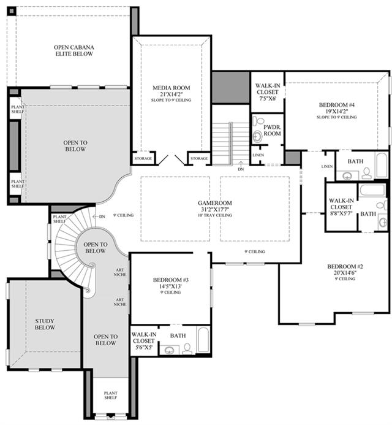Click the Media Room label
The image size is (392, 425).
(171, 88)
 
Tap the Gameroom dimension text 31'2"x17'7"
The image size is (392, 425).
(214, 209)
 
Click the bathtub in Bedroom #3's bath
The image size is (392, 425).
(203, 340)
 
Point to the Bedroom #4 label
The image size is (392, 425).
(336, 105)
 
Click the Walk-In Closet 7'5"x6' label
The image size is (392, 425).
(267, 92)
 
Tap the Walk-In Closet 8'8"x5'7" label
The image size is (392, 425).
(341, 207)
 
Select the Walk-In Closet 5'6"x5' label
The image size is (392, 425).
(143, 341)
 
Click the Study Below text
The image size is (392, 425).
(45, 324)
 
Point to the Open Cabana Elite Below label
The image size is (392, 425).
(74, 50)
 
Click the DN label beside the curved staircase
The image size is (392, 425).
(102, 216)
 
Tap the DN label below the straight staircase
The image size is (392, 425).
(241, 169)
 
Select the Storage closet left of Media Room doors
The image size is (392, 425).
(143, 158)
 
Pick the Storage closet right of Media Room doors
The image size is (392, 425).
(199, 158)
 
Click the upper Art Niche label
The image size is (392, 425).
(120, 272)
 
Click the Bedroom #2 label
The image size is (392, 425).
(345, 266)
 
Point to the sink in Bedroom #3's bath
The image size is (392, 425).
(170, 350)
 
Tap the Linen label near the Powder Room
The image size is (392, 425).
(258, 155)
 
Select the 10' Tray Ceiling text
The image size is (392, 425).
(215, 215)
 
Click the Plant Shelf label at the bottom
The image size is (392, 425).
(110, 395)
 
